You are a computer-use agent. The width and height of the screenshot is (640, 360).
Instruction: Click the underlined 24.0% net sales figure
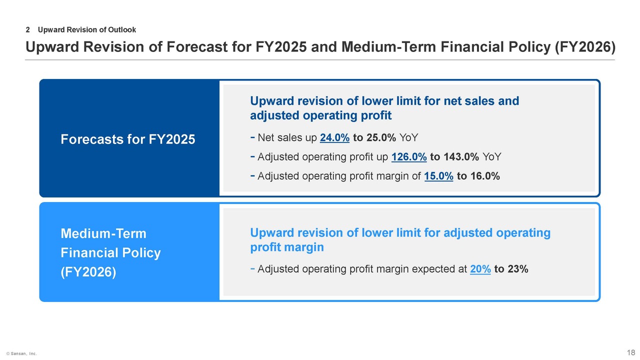(x=334, y=138)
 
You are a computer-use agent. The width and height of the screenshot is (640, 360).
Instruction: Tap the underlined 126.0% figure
(x=409, y=157)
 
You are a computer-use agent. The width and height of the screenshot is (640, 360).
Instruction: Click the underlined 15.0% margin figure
(x=438, y=176)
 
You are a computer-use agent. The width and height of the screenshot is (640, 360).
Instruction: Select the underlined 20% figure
(x=480, y=269)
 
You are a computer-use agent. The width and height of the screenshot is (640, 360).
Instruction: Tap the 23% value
(x=517, y=269)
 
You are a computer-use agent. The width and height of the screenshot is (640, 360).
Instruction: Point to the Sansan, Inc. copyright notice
(x=21, y=353)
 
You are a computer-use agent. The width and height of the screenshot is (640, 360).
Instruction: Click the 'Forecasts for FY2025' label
(x=128, y=139)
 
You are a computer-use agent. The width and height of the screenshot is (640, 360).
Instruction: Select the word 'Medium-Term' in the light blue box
(x=103, y=233)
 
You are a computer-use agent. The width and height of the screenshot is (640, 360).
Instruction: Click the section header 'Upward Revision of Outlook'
(x=86, y=30)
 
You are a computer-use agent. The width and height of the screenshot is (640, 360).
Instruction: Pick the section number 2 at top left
(x=27, y=30)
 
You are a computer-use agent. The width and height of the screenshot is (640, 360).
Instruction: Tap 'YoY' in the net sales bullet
(x=409, y=138)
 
